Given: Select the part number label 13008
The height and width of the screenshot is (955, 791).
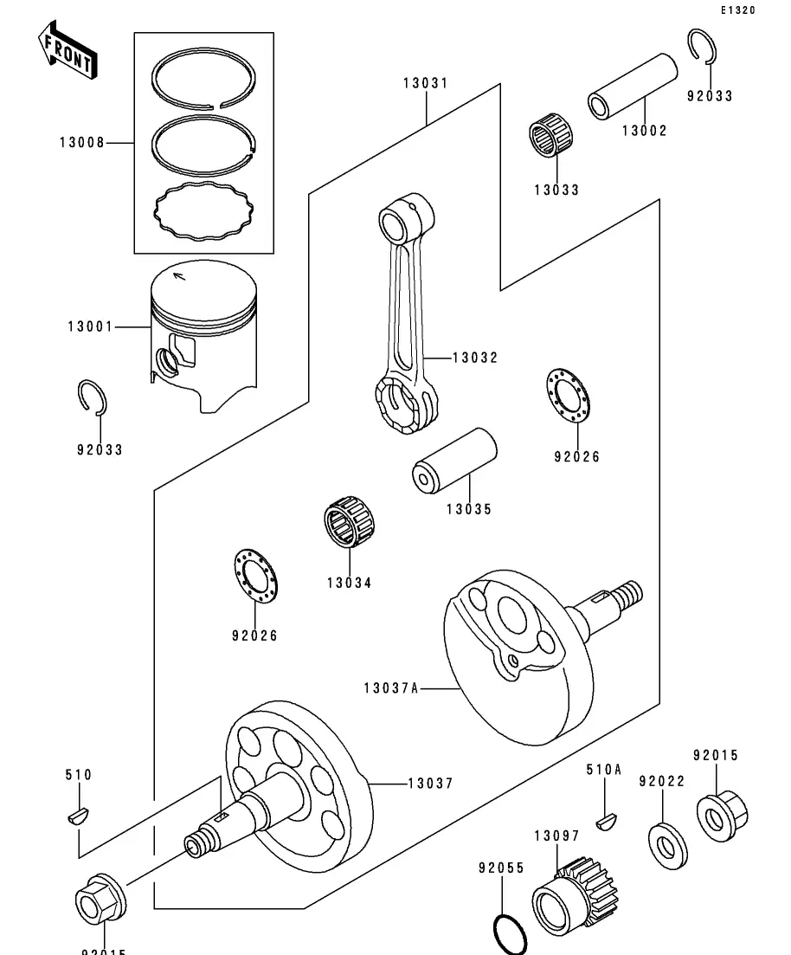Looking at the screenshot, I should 81,142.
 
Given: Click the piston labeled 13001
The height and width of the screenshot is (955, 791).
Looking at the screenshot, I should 204,333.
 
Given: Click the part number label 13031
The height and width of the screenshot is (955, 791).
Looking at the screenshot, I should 425,84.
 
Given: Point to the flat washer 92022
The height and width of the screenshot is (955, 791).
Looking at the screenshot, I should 668,837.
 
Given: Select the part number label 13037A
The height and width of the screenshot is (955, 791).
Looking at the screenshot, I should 391,688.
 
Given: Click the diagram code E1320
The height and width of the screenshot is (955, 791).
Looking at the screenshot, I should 737,11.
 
